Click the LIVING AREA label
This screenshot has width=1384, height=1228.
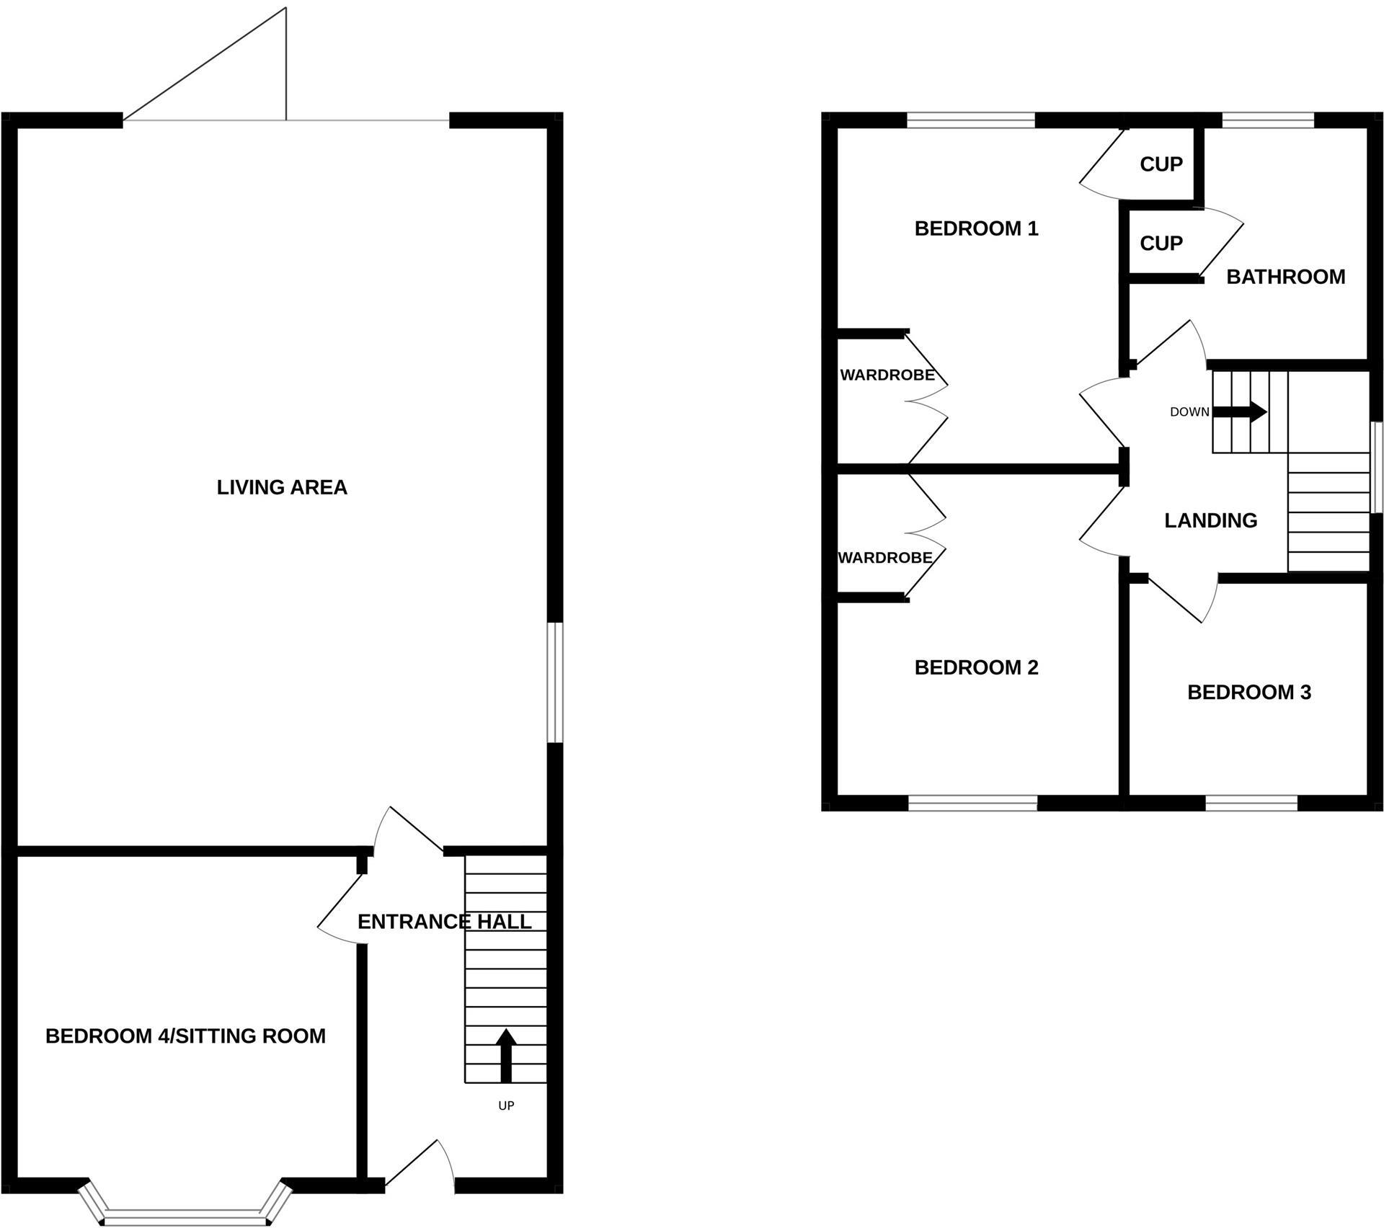point(282,488)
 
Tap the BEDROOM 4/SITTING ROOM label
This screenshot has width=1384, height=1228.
point(185,1036)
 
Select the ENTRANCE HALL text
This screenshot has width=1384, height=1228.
point(444,922)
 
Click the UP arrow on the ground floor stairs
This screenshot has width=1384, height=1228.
point(506,1055)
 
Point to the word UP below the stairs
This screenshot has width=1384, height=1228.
point(506,1105)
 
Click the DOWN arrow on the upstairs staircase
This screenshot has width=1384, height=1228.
point(1240,412)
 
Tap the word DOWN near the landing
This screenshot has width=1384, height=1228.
point(1189,412)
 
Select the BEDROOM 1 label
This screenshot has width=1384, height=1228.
point(976,229)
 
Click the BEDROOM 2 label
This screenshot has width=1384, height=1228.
point(976,668)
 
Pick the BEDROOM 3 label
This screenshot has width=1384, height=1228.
point(1248,693)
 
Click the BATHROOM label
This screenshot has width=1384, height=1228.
point(1285,277)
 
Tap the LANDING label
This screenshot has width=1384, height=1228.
point(1210,520)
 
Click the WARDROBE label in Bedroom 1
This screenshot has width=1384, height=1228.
point(887,375)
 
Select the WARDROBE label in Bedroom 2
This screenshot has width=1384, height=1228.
point(884,558)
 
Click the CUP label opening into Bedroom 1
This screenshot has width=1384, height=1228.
point(1161,164)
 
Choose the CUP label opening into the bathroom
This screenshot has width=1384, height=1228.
point(1161,244)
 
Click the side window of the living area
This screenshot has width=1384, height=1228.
point(554,682)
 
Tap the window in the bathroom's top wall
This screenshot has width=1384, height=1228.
point(1268,120)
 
